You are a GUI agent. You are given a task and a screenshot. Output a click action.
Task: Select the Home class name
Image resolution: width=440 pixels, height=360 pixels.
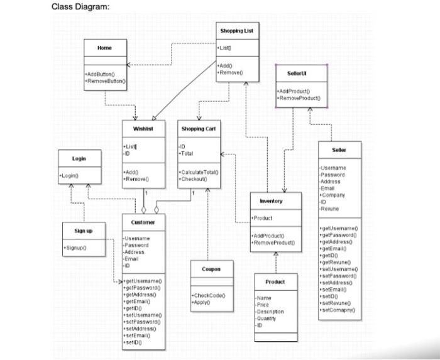pos(104,48)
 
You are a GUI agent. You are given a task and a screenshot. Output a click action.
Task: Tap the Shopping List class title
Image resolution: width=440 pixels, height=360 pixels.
pos(236,31)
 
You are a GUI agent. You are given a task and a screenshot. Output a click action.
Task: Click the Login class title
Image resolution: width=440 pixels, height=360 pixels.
pos(79,158)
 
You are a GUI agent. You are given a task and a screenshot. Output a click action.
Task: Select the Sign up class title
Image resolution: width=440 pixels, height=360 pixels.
pos(84,231)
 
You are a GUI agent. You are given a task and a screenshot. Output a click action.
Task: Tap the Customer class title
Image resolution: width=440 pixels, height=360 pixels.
pos(143,222)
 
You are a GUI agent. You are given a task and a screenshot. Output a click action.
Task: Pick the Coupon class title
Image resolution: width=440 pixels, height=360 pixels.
pos(211,269)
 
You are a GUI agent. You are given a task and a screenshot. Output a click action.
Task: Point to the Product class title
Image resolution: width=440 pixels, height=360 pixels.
pos(275,281)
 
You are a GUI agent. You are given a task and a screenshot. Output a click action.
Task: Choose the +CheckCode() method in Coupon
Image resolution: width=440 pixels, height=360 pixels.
pos(208,295)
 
